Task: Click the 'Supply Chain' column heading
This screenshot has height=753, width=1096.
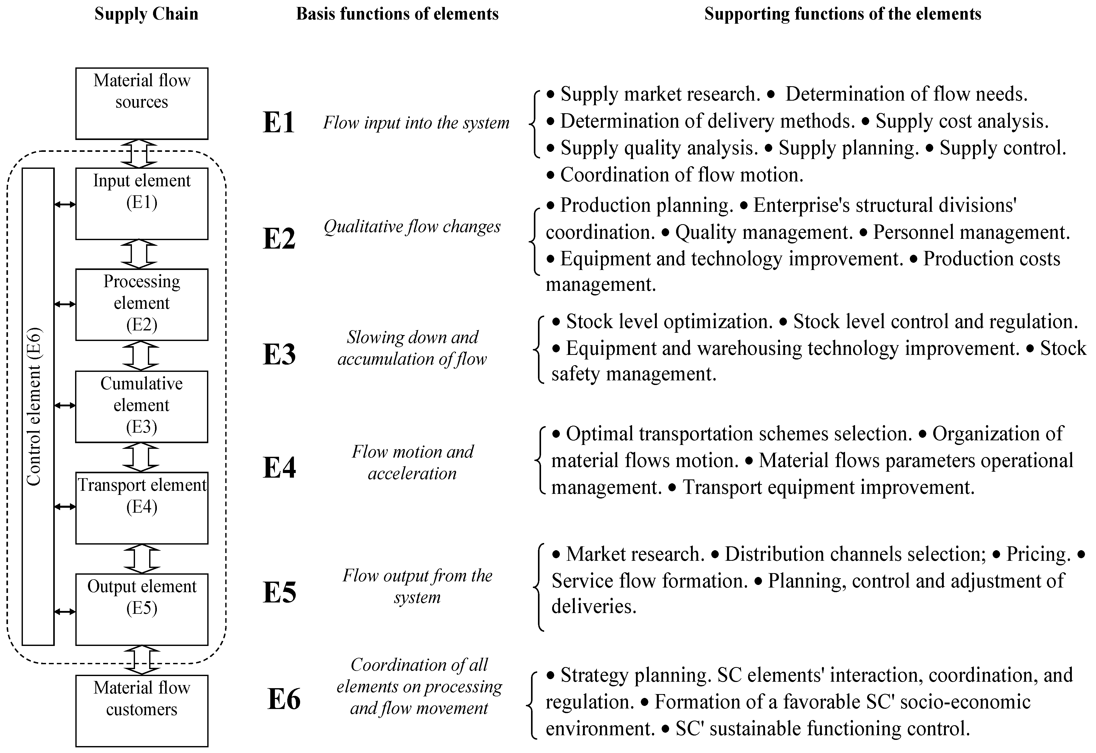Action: [146, 14]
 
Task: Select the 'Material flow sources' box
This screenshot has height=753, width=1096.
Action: [141, 103]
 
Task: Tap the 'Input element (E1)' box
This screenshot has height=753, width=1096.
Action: [141, 204]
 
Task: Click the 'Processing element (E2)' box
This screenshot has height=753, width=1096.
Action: [141, 304]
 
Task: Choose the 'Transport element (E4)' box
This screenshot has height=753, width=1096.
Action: [141, 508]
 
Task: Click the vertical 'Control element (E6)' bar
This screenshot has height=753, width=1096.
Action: [38, 406]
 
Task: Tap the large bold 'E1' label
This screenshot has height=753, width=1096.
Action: [279, 123]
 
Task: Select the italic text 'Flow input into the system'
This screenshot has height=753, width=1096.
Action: [416, 123]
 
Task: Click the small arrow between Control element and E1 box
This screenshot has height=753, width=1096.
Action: [65, 204]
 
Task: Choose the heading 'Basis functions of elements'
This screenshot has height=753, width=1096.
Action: [397, 14]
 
